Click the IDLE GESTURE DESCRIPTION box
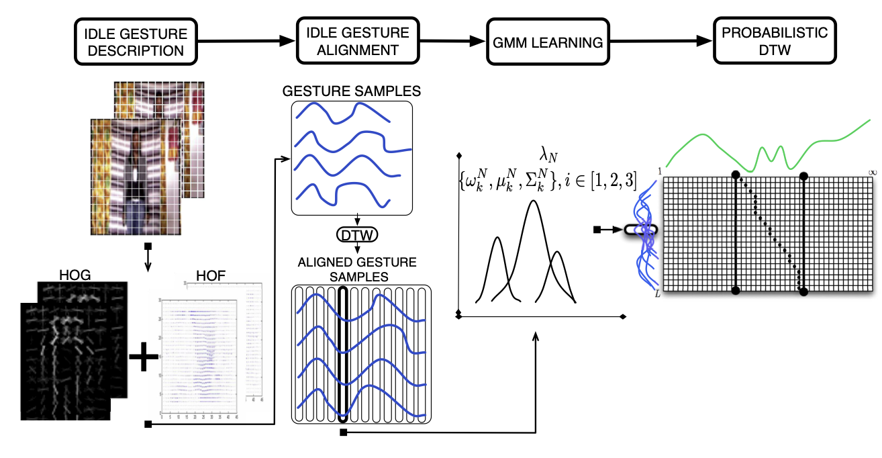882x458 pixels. [x=136, y=42]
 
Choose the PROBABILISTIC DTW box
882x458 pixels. [x=774, y=42]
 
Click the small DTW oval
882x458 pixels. [x=356, y=234]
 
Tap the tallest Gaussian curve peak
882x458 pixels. [x=534, y=201]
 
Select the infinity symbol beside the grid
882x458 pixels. [x=873, y=173]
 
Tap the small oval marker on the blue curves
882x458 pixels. [x=640, y=230]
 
